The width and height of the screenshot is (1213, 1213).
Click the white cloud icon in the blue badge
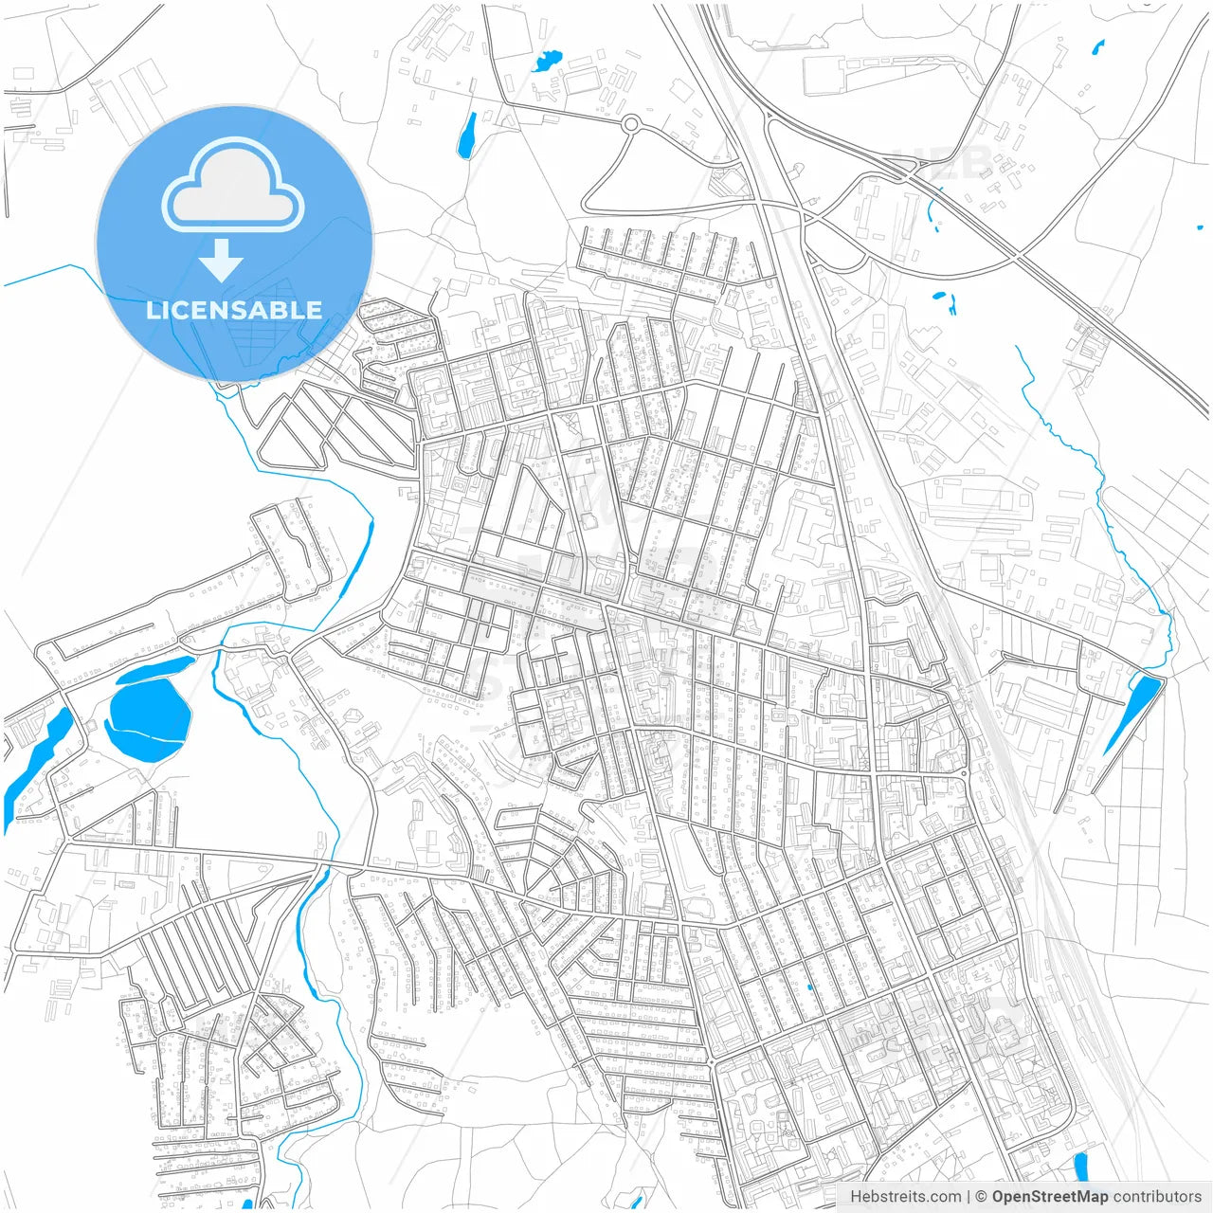pyautogui.click(x=233, y=187)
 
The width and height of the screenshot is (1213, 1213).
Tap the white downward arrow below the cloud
pyautogui.click(x=222, y=260)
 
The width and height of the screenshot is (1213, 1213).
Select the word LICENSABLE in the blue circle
pyautogui.click(x=233, y=310)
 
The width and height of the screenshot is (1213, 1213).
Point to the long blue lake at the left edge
pyautogui.click(x=33, y=758)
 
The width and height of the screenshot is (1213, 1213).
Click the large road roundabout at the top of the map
pyautogui.click(x=631, y=123)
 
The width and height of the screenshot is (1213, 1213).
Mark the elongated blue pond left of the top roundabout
pyautogui.click(x=467, y=136)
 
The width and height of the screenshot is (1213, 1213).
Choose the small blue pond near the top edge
pyautogui.click(x=546, y=63)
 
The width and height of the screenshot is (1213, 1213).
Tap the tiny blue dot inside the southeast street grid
pyautogui.click(x=808, y=987)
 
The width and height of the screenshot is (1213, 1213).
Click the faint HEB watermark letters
pyautogui.click(x=948, y=163)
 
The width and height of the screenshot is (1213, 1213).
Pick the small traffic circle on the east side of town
pyautogui.click(x=964, y=773)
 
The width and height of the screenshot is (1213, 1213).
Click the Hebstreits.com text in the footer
pyautogui.click(x=905, y=1196)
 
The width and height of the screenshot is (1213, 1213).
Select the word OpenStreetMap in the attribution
pyautogui.click(x=1049, y=1196)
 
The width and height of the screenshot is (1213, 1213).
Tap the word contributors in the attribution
pyautogui.click(x=1156, y=1196)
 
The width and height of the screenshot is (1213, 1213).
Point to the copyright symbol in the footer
pyautogui.click(x=981, y=1196)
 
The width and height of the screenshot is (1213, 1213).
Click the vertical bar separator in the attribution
pyautogui.click(x=969, y=1196)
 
